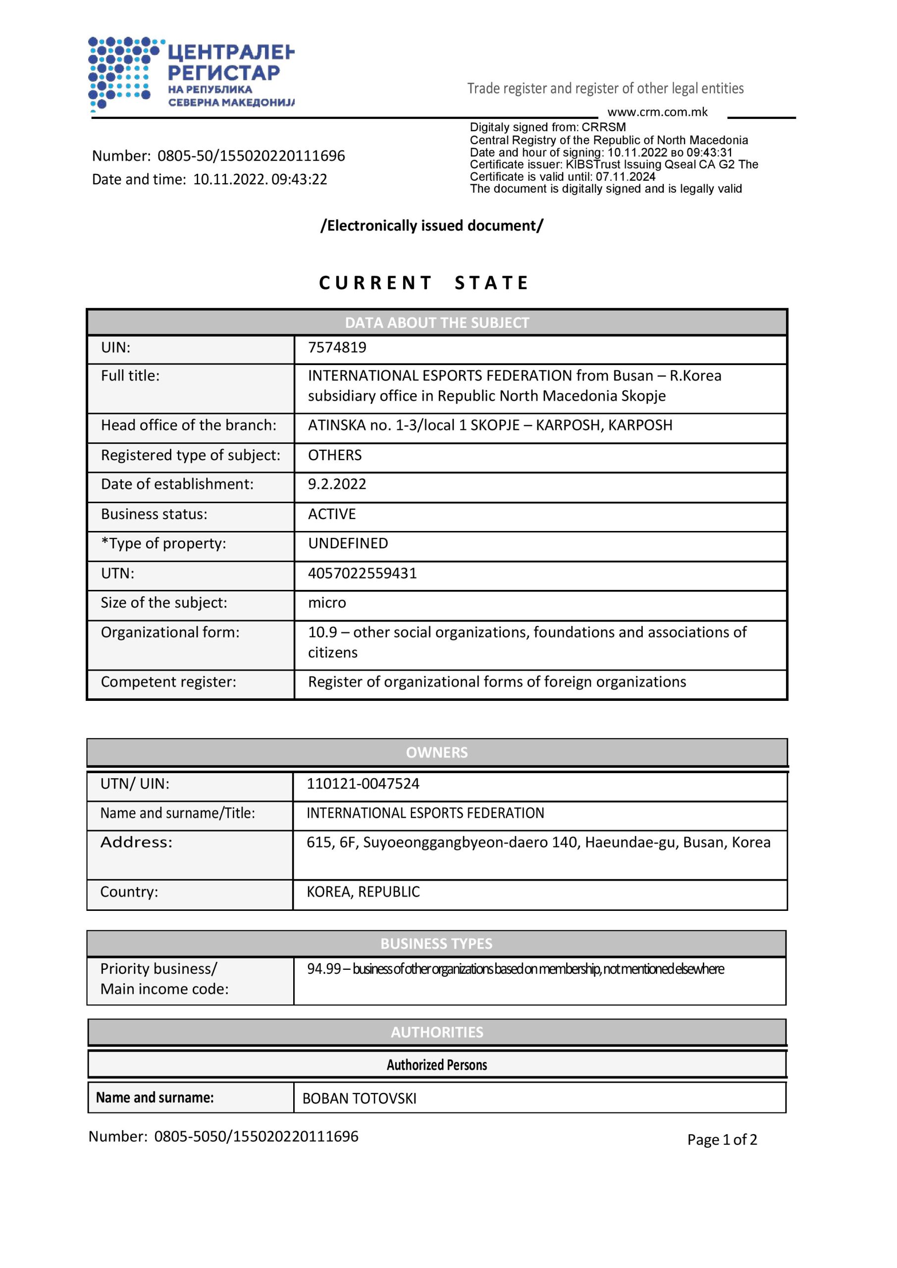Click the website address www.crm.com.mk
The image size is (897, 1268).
point(657,112)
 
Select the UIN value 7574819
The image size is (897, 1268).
point(337,347)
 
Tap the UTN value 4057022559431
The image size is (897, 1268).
point(363,573)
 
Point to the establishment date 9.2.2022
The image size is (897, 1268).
point(337,484)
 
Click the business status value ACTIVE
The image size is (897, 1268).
point(332,514)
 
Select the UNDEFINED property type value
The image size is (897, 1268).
point(348,543)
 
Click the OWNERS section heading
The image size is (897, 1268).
point(436,752)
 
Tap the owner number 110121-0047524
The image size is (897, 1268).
point(363,784)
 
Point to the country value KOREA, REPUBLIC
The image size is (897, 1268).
point(363,892)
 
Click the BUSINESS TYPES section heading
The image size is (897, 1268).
point(436,944)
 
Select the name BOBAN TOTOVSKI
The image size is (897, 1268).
point(359,1099)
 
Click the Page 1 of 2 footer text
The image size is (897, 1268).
point(722,1139)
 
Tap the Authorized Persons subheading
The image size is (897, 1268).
point(436,1065)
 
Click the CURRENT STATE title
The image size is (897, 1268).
point(423,283)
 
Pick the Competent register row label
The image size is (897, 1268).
point(168,682)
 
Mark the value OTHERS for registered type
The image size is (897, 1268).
point(335,455)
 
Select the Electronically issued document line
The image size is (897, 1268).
point(432,226)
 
